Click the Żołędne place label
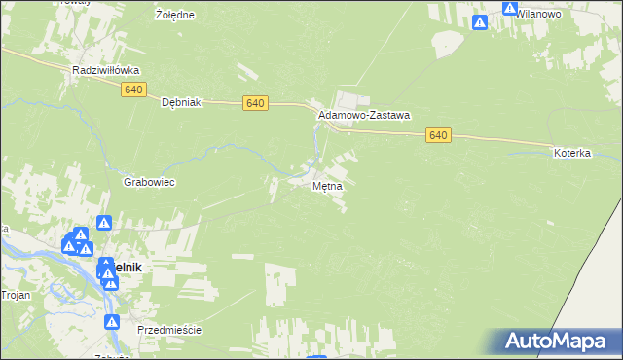tap(175, 16)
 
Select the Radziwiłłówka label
tap(107, 71)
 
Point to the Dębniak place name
tap(180, 102)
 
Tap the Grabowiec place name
tap(149, 182)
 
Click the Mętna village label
tap(328, 185)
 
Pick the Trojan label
tap(16, 295)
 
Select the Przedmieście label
tap(169, 330)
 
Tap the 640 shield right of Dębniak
tap(255, 103)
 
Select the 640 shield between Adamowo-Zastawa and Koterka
tap(438, 136)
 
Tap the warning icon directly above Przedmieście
tap(112, 322)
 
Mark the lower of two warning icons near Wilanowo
tap(479, 21)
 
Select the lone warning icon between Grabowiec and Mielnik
tap(104, 223)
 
